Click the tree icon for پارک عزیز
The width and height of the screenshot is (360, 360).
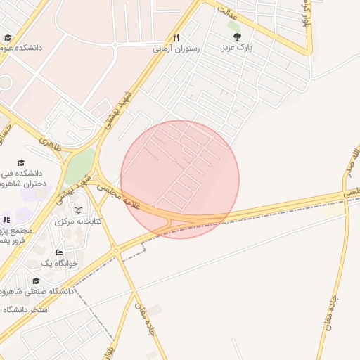click(235, 36)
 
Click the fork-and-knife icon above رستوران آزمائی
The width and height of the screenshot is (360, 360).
click(176, 38)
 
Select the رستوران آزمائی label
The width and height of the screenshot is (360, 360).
click(176, 50)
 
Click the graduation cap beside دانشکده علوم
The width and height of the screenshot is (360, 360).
click(8, 38)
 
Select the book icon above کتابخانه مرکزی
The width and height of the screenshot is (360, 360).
click(78, 210)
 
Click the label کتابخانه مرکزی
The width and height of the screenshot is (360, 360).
click(78, 221)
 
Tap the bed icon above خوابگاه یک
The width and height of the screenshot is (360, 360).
click(59, 252)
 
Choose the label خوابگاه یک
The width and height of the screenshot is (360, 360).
click(56, 263)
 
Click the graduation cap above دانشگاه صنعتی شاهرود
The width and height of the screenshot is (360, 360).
click(36, 280)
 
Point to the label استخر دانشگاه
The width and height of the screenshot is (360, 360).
click(26, 309)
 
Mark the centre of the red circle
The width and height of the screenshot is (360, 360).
click(180, 179)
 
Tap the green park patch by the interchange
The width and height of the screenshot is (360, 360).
click(79, 166)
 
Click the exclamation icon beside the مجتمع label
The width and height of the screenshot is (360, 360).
click(6, 219)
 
